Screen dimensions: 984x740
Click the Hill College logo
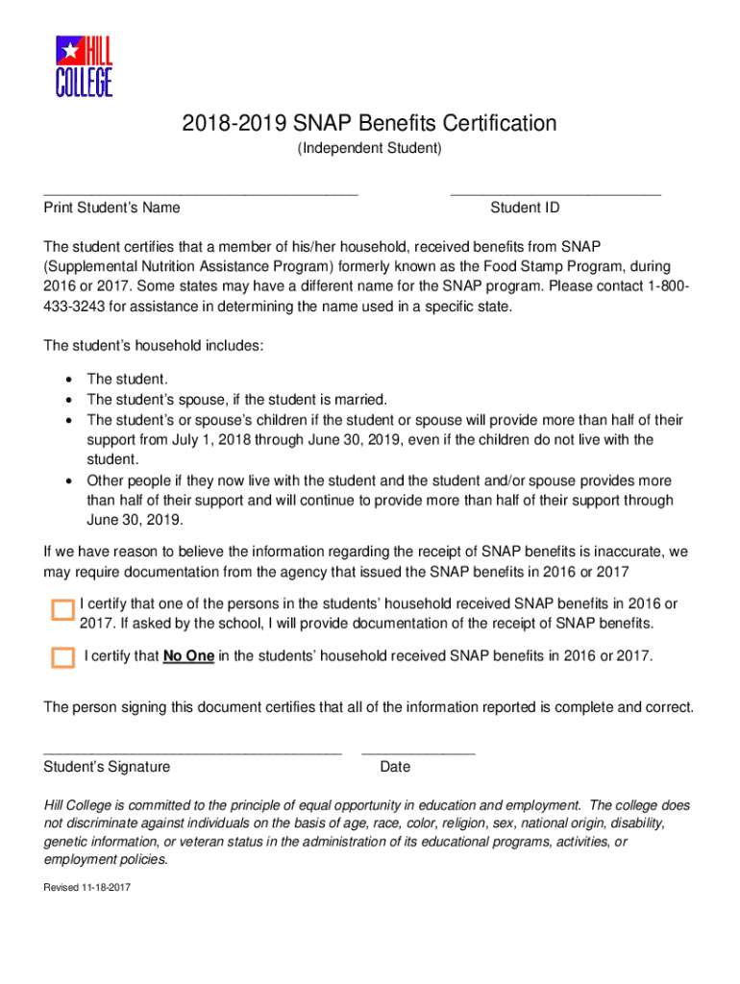[84, 66]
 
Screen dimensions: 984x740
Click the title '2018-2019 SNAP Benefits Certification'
[369, 123]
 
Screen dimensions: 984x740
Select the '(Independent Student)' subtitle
[369, 148]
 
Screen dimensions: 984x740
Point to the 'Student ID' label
[525, 208]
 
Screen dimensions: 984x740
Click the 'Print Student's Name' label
[111, 208]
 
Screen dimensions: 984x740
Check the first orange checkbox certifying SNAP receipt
[62, 610]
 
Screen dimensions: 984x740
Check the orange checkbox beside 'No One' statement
[62, 657]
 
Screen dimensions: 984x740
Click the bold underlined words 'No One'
[188, 656]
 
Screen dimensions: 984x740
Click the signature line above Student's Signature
[192, 752]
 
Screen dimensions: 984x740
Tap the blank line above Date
[418, 752]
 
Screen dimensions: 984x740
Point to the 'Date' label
[395, 767]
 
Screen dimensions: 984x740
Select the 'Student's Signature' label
[107, 767]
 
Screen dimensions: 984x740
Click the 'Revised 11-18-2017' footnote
[86, 887]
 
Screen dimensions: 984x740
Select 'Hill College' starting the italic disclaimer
[79, 805]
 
